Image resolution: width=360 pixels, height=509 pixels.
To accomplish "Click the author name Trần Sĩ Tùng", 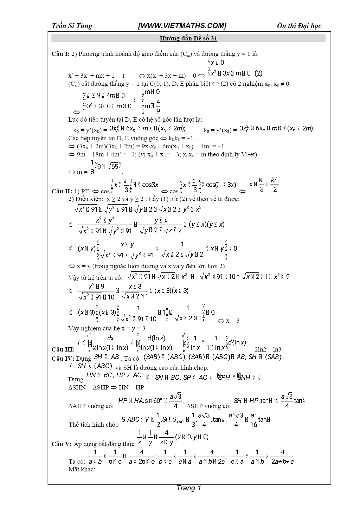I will pos(72,26).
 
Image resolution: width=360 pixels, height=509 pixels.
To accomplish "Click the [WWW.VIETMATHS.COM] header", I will pos(182,26).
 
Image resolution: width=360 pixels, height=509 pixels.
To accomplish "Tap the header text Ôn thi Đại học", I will pos(299,26).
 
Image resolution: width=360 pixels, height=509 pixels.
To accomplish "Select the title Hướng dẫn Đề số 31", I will pos(188,38).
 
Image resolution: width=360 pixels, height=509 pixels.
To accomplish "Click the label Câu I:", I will pos(60,54).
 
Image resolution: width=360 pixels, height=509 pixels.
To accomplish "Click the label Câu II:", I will pos(62,191).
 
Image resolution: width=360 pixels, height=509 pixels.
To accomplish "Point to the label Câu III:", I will pos(63,349).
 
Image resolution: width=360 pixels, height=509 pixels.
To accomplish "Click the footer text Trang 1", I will pos(189,488).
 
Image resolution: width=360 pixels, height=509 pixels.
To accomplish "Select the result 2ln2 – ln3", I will pos(265,349).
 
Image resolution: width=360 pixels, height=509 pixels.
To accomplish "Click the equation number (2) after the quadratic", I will pos(258,73).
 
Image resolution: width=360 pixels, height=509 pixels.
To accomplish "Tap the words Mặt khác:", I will pos(82,469).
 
